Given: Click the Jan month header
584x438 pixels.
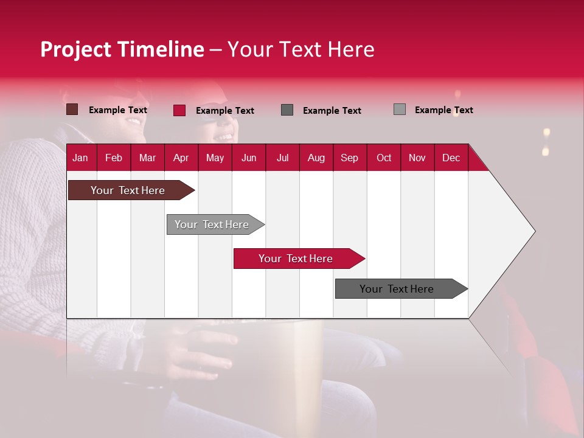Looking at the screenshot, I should click(80, 158).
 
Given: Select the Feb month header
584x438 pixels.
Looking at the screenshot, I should click(114, 158).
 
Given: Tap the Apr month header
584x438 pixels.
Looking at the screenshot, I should click(181, 158).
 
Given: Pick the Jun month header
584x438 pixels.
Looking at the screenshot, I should click(249, 158).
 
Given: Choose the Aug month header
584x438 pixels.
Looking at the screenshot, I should click(316, 158).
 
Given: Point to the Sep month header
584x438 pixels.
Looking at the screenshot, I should click(349, 158).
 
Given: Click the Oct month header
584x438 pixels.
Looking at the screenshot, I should click(384, 158).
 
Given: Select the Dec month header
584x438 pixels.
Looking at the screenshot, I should click(451, 158).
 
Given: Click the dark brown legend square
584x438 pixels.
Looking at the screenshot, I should click(72, 109).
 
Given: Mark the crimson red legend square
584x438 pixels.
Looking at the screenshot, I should click(179, 110).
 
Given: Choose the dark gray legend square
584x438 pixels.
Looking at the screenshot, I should click(287, 109).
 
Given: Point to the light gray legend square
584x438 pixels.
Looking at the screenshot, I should click(400, 109).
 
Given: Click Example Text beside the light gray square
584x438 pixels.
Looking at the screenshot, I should click(443, 110).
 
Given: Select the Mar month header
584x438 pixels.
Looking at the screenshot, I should click(147, 158).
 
